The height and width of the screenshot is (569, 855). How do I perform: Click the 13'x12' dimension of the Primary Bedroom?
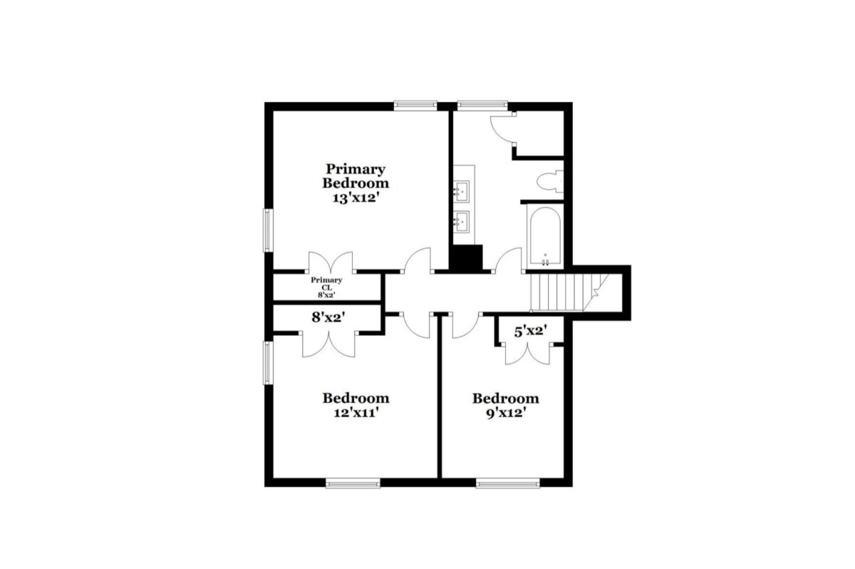[x=356, y=198]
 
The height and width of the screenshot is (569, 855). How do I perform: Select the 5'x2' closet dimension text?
[x=531, y=331]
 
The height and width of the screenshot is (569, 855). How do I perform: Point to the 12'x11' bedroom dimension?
[x=356, y=413]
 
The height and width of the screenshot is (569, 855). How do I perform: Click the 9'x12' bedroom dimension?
[x=506, y=413]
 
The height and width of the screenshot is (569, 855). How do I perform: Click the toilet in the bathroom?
[x=550, y=181]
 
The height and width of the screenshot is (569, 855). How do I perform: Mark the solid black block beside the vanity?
[x=466, y=258]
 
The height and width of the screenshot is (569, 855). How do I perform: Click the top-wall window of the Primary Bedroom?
[x=415, y=105]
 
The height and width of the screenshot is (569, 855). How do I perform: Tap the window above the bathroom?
[x=483, y=105]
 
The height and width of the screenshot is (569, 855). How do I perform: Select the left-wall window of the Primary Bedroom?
[x=269, y=230]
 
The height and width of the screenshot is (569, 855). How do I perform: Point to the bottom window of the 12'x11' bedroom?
[x=353, y=483]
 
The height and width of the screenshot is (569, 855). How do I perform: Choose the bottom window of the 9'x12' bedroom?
[x=508, y=483]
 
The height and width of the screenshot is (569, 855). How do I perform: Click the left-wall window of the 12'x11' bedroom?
[x=269, y=363]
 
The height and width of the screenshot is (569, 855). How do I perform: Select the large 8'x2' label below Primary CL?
[x=328, y=317]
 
